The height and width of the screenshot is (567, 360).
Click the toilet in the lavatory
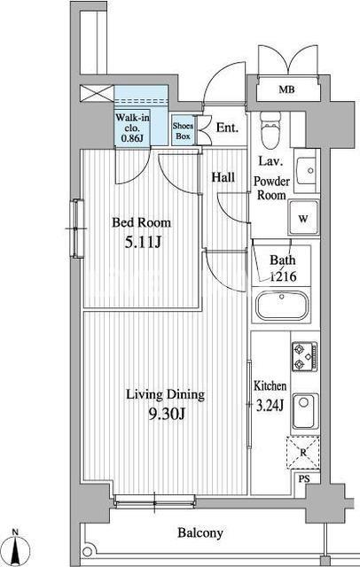coord(270,130)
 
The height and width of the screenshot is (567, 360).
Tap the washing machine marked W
coord(303,219)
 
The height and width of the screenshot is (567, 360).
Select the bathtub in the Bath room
coord(282,306)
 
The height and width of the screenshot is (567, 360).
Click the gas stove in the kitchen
coord(305,356)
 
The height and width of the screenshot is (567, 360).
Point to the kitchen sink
coord(306,411)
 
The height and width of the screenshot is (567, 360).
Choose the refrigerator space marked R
coord(303,453)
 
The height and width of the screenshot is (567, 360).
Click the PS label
coord(304,479)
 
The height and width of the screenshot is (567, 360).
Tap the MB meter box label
coord(286,89)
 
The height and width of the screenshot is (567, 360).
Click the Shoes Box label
coord(183,131)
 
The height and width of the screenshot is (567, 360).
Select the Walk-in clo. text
coord(132,123)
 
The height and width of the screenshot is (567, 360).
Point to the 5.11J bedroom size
coord(142,243)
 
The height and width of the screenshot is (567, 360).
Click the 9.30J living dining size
coord(167,414)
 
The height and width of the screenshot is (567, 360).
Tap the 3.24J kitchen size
coord(270,406)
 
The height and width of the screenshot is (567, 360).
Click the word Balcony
coord(200,533)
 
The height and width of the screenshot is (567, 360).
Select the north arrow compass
coord(15,547)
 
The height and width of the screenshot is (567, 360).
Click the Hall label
coord(223,177)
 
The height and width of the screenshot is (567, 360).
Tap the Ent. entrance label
coord(227,128)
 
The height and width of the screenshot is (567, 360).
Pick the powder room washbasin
coord(306,171)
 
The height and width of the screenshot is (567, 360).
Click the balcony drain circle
coord(87,551)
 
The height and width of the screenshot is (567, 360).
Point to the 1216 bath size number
coord(284,276)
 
